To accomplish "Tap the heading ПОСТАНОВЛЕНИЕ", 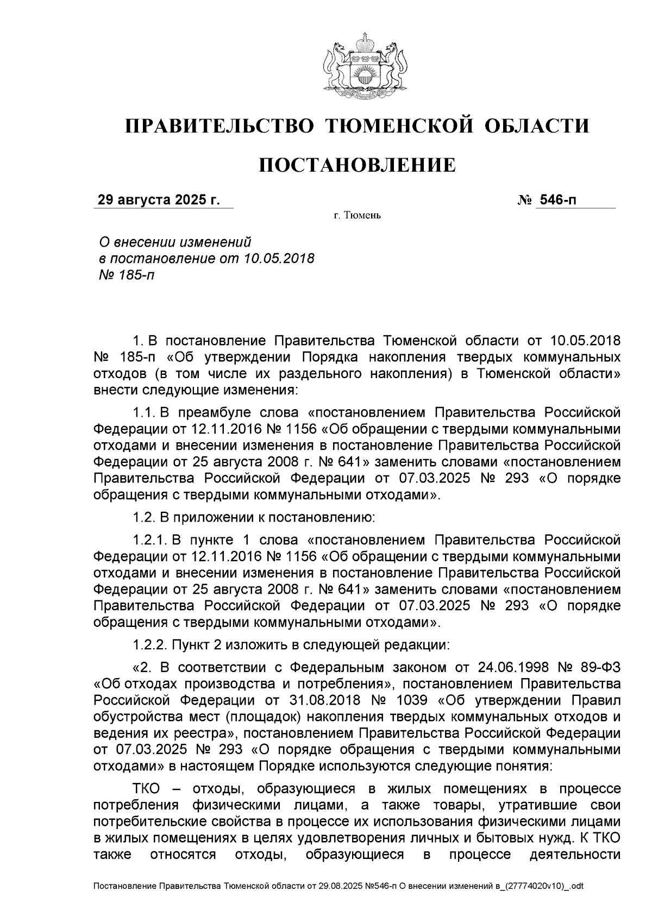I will [357, 165].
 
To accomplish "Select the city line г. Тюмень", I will [357, 216].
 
